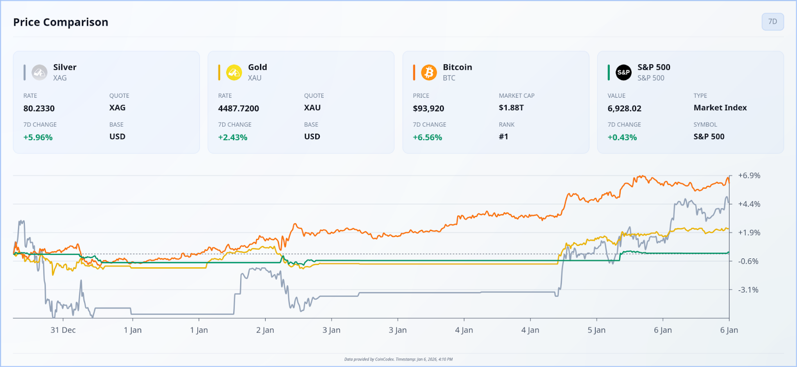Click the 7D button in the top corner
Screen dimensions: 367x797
coord(772,21)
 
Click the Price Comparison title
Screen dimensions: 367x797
coord(61,22)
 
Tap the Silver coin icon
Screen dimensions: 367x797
coord(39,72)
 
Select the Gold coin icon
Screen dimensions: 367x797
coord(234,72)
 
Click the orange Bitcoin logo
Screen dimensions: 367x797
coord(429,72)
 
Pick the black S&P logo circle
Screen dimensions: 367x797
coord(624,72)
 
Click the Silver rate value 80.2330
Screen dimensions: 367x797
coord(39,108)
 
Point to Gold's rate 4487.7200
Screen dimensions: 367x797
coord(239,108)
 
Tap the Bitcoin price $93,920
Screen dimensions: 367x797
coord(428,108)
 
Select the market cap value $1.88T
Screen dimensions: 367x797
coord(511,108)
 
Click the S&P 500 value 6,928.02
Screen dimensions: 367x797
coord(624,108)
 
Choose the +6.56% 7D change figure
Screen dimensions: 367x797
coord(427,137)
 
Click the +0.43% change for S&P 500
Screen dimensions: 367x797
coord(622,137)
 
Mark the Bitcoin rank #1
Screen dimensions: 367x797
coord(504,137)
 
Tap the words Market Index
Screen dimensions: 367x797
coord(720,108)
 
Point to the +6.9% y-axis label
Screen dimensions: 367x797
coord(749,176)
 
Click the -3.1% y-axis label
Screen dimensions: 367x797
coord(748,290)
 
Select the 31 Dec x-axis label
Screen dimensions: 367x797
coord(63,330)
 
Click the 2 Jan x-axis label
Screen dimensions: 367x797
coord(265,330)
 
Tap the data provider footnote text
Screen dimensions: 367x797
coord(398,359)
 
